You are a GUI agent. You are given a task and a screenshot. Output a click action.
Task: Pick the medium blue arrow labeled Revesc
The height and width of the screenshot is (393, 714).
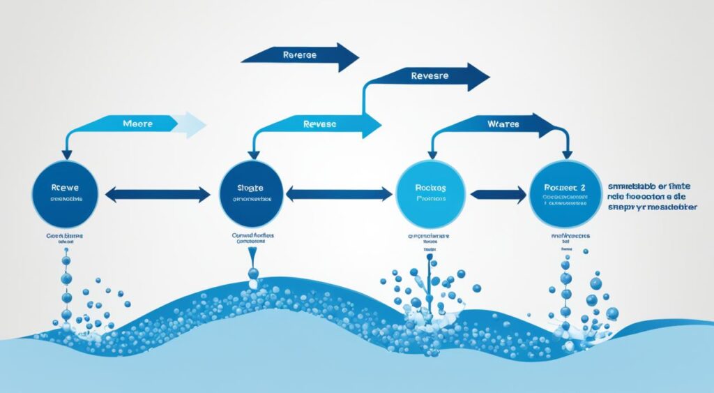[321, 125]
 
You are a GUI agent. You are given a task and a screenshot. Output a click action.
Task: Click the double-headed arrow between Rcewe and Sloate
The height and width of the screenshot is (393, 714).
[157, 194]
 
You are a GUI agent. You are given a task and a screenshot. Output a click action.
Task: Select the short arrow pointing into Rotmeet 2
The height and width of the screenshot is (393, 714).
[498, 195]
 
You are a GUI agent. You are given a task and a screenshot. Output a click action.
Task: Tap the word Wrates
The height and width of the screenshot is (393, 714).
[503, 124]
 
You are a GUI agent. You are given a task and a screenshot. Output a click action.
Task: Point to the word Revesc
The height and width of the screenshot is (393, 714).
[319, 124]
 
